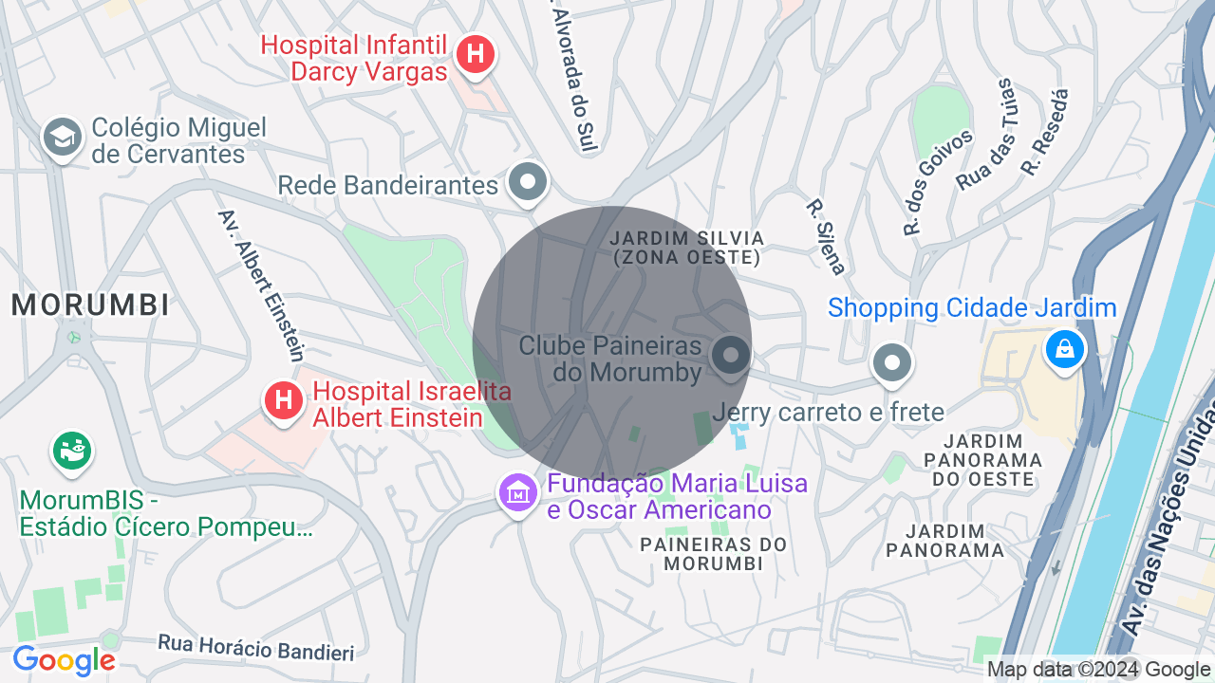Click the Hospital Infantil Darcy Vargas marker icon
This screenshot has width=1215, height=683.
[476, 55]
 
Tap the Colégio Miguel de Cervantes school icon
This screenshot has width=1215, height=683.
[63, 138]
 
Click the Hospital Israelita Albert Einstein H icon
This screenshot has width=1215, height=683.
[283, 400]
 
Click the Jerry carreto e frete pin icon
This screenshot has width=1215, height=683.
[891, 362]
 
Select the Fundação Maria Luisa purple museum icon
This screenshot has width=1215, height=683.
[518, 492]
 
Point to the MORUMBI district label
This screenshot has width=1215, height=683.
[91, 305]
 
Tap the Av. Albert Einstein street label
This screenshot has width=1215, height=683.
[261, 286]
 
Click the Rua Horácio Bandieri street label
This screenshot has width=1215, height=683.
[255, 648]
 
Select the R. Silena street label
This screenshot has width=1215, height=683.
[826, 236]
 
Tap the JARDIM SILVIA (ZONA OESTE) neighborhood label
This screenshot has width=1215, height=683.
[686, 247]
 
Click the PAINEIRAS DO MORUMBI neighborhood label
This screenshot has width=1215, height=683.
[714, 554]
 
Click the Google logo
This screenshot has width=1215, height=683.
[64, 660]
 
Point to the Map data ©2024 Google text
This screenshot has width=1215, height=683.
[1098, 670]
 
